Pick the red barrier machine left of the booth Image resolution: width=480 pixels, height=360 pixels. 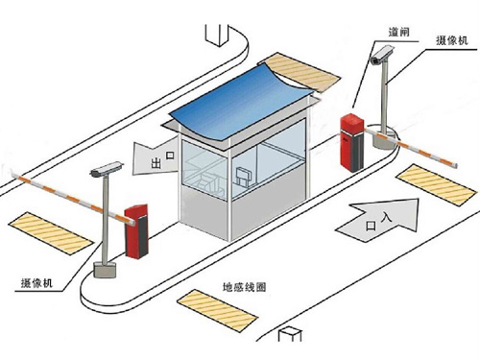(x=136, y=229)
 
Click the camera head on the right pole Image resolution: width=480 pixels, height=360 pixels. (x=377, y=60)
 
